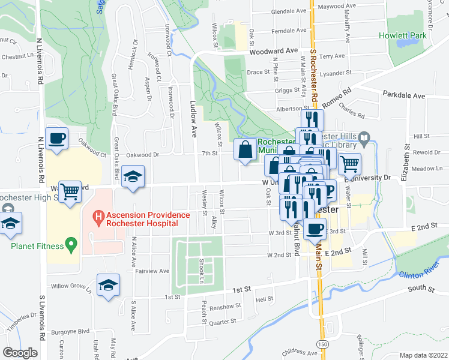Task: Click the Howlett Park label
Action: click(x=402, y=35)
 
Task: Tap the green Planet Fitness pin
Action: click(x=72, y=245)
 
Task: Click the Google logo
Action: click(x=20, y=352)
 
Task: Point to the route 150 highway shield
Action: click(x=324, y=344)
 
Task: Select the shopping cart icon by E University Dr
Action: click(x=349, y=163)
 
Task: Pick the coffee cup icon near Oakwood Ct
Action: click(x=57, y=139)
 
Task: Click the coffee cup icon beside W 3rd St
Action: click(x=315, y=228)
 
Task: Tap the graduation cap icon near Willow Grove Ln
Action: click(x=108, y=285)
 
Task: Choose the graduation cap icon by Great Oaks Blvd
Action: click(x=133, y=176)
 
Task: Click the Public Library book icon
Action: click(x=364, y=137)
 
